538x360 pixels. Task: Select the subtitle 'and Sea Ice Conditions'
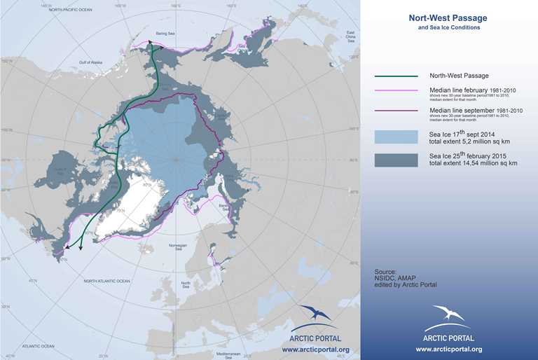pyautogui.click(x=448, y=29)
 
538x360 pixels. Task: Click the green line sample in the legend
pyautogui.click(x=396, y=75)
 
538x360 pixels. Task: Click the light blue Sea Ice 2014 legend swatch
pyautogui.click(x=396, y=137)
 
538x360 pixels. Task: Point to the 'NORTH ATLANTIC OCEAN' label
pyautogui.click(x=106, y=281)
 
